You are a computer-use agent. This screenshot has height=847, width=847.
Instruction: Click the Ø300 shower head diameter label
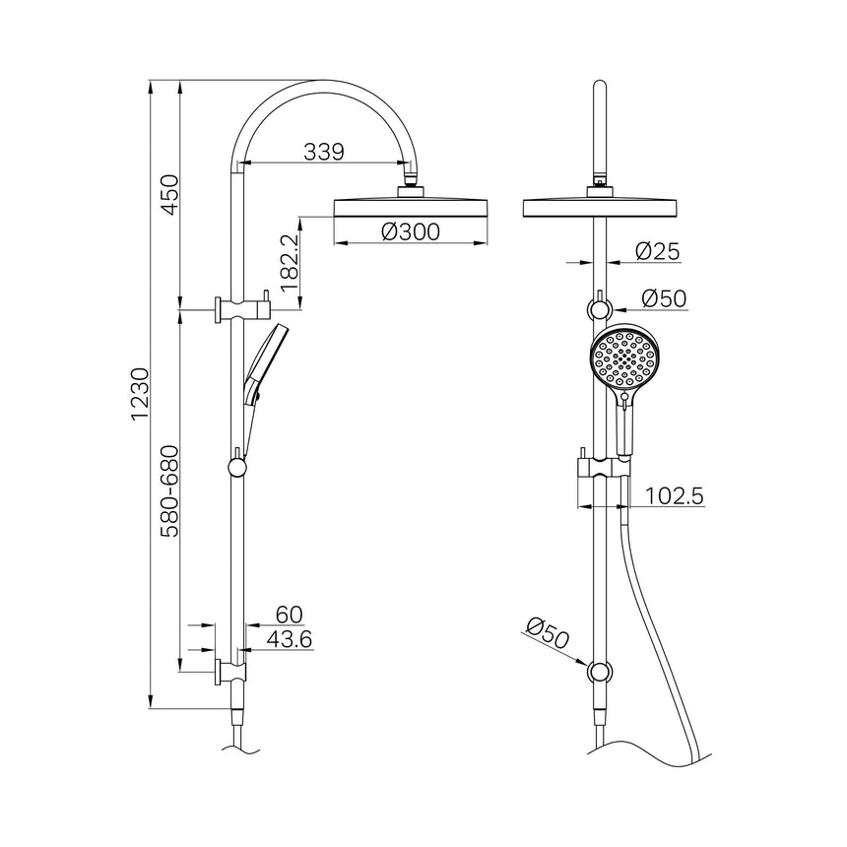tap(409, 231)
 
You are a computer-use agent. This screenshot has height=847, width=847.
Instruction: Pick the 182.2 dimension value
tap(288, 262)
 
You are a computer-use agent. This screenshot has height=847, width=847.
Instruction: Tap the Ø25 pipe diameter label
tap(657, 252)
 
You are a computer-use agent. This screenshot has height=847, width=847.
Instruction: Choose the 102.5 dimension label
tap(675, 497)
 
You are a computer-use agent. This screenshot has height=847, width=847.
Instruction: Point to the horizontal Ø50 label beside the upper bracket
tap(664, 297)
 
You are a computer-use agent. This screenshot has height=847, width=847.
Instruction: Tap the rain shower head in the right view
tap(599, 207)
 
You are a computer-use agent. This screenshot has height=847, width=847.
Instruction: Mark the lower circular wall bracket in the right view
tap(599, 673)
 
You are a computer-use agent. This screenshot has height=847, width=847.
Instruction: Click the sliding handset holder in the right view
tap(599, 468)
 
